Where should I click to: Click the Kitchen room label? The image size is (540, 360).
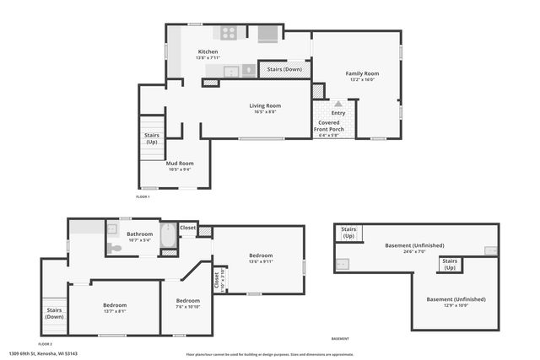pos(208,52)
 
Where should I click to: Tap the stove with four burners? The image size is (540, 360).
pos(228,34)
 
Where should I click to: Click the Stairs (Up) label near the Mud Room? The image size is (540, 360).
pos(152,138)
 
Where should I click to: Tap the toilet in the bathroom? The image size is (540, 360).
pos(114,248)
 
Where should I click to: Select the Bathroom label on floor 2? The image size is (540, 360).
pos(140,234)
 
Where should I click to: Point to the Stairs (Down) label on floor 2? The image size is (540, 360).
pos(54,313)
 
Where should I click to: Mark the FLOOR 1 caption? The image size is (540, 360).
pos(143,196)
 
